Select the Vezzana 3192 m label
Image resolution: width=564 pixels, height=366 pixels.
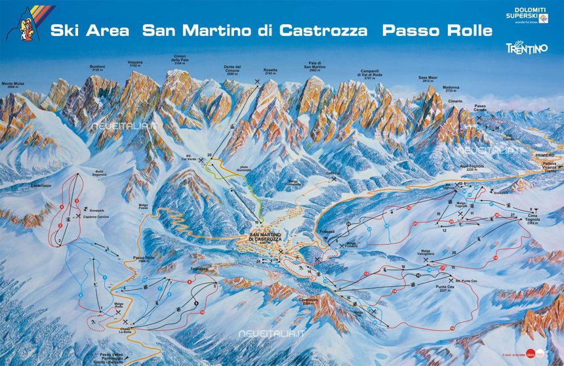click(136, 64)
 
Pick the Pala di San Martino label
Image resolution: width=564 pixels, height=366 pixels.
click(315, 66)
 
